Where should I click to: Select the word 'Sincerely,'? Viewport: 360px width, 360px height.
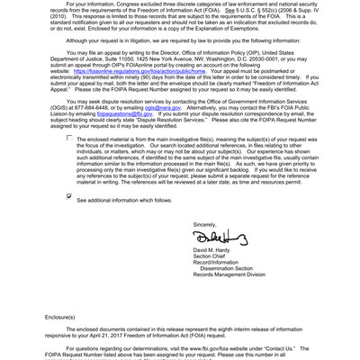pos(205,223)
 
